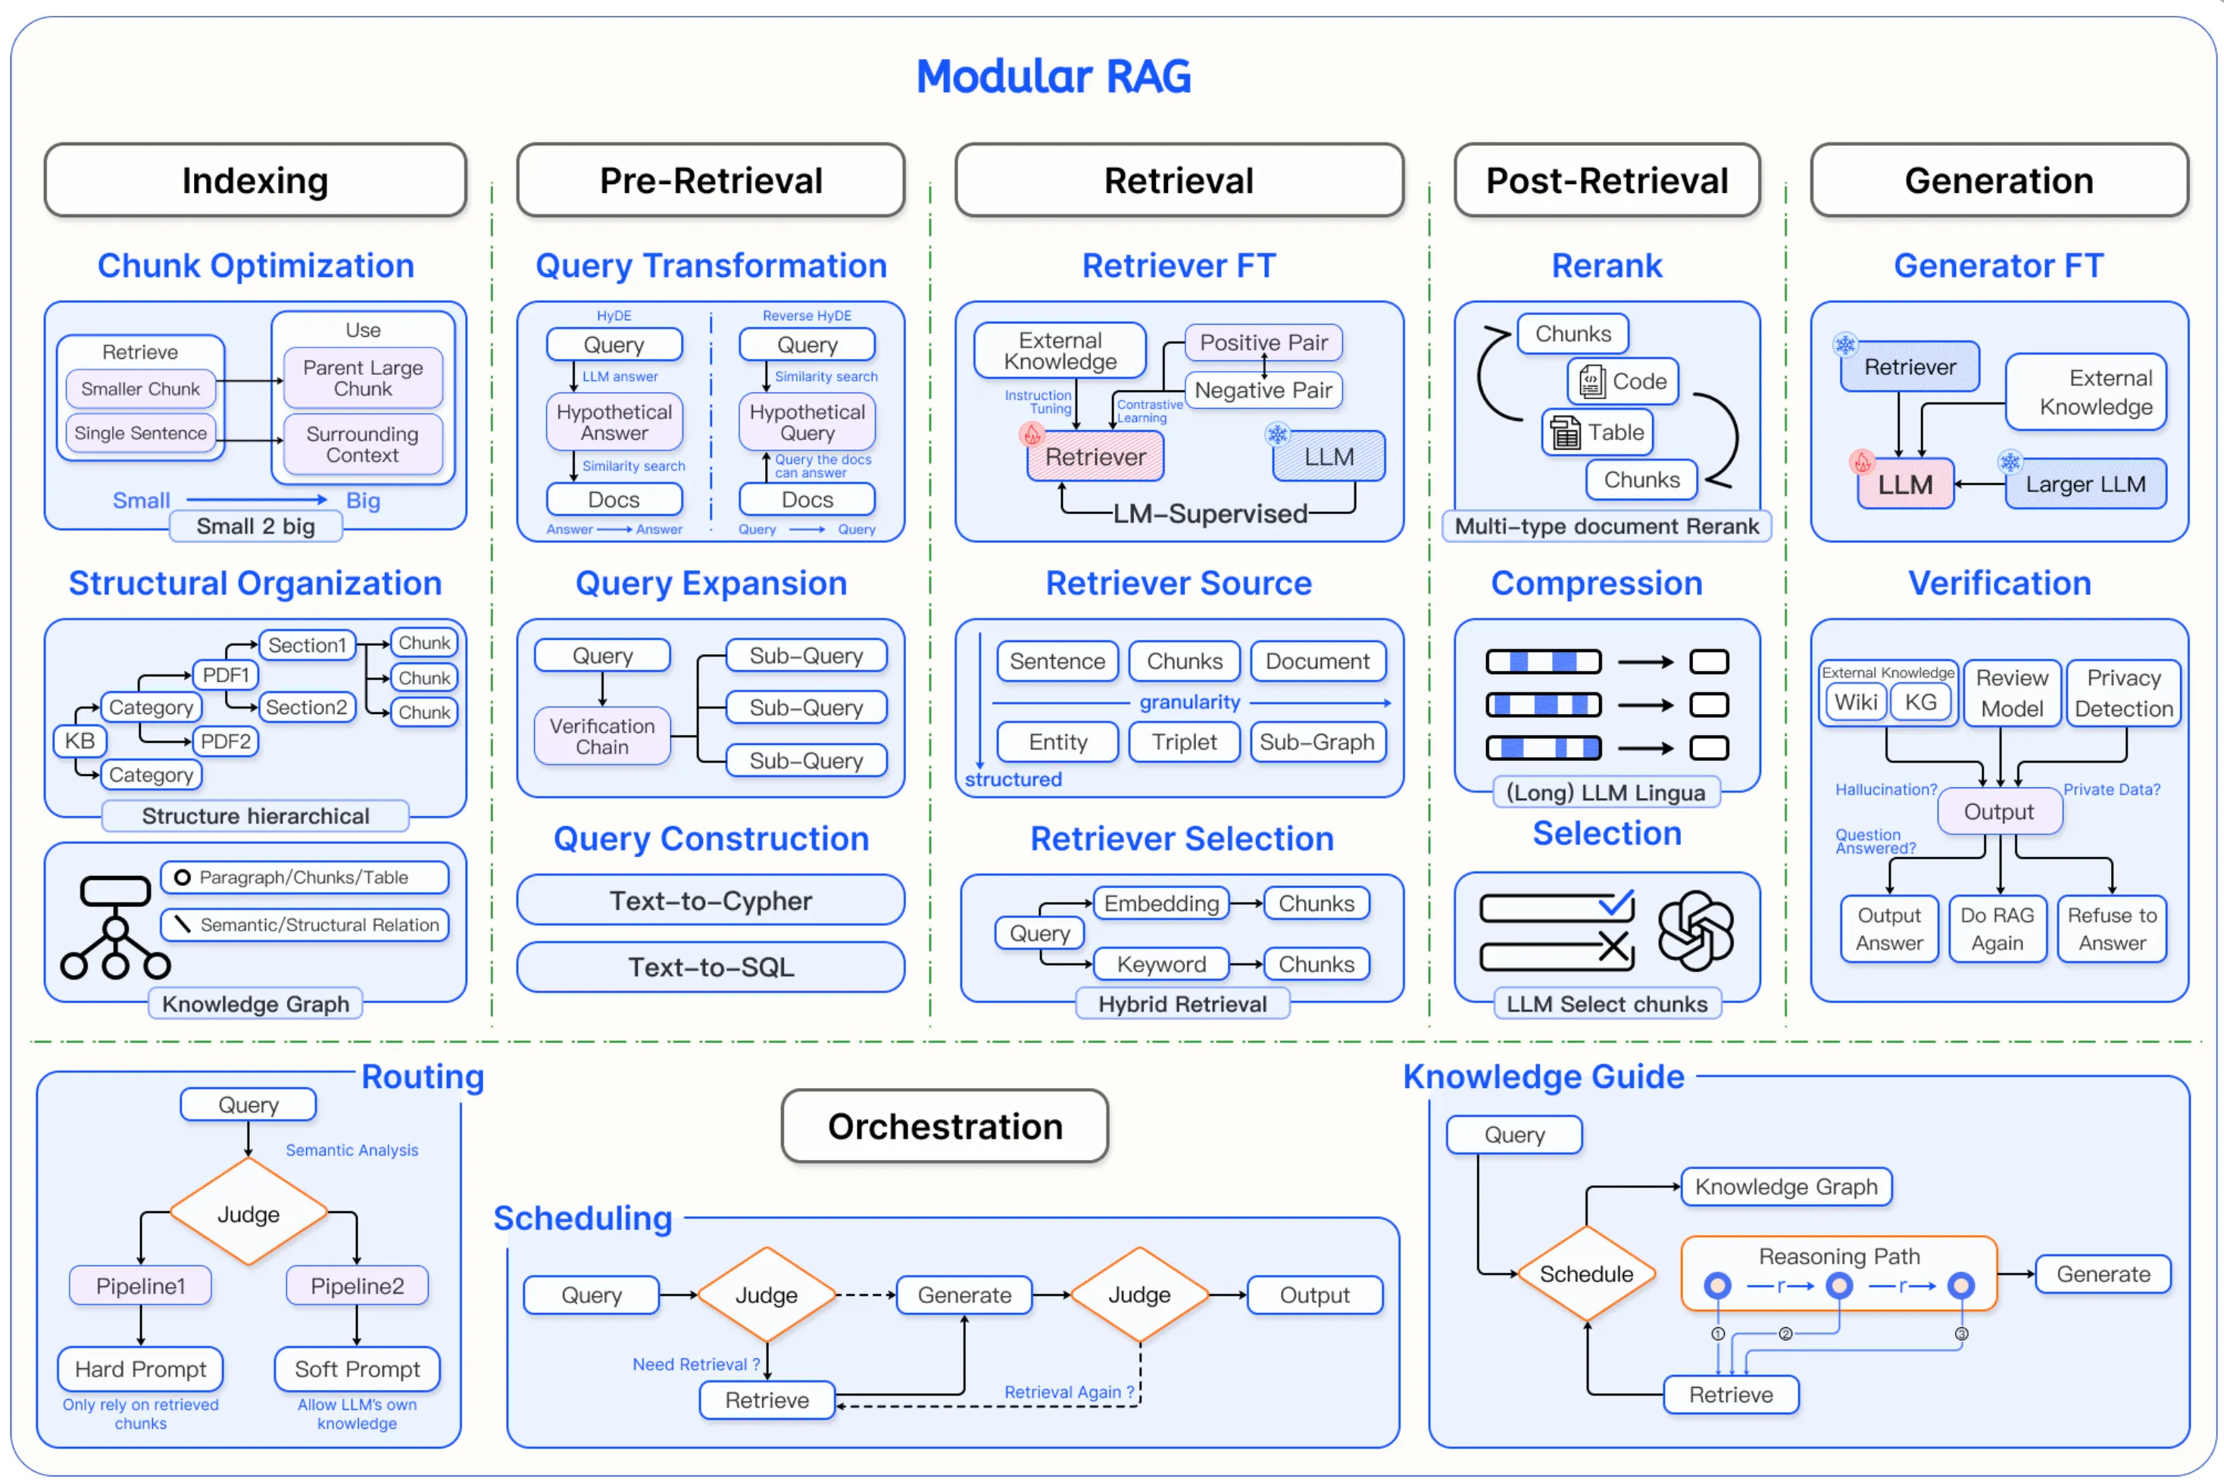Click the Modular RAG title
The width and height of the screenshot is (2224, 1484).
coord(1053,76)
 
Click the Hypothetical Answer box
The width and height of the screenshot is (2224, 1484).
coord(614,422)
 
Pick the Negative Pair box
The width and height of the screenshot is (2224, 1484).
coord(1262,390)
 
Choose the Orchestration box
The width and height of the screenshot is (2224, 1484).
coord(944,1127)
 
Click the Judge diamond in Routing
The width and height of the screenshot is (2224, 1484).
coord(248,1213)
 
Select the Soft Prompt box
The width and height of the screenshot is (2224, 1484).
coord(357,1369)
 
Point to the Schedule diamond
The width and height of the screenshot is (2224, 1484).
coord(1586,1274)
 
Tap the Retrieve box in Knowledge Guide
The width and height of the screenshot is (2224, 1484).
coord(1730,1394)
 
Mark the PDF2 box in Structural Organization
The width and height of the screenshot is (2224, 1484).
coord(225,741)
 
